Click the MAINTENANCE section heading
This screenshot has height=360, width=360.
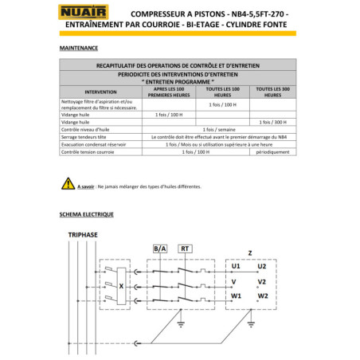[79, 49]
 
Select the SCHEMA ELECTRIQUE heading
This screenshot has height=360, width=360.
[86, 214]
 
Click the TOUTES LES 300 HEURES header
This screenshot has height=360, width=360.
[274, 92]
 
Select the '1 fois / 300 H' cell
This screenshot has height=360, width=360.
[274, 122]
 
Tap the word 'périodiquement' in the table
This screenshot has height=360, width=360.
[274, 151]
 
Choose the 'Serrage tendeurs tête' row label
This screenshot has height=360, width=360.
[87, 136]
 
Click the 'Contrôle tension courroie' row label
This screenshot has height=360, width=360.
[91, 151]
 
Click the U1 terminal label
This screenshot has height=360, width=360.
[235, 266]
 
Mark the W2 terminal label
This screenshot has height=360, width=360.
[261, 296]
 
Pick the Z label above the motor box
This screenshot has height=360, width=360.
[250, 252]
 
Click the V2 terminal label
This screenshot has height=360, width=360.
[261, 281]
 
